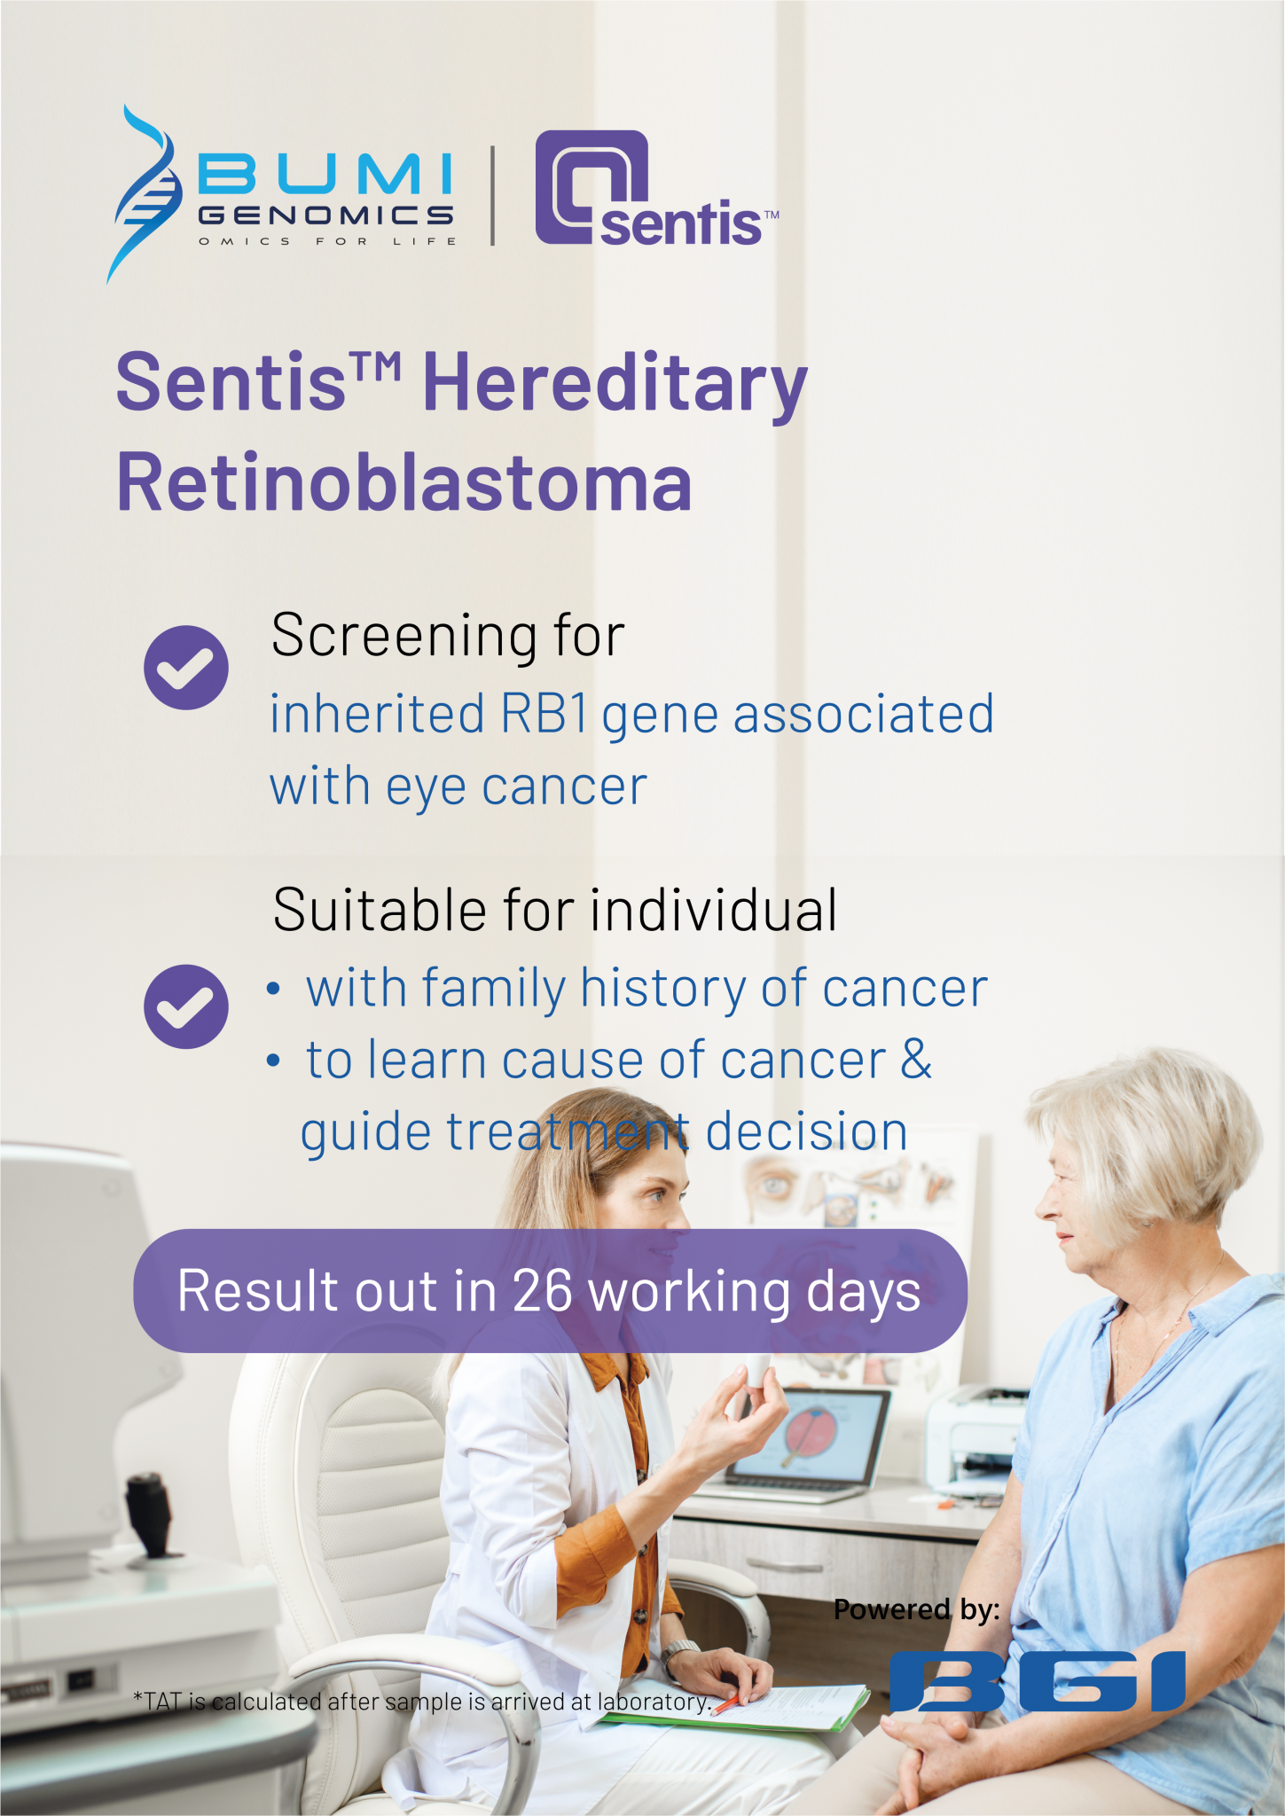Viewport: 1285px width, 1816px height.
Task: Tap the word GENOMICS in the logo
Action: pos(325,215)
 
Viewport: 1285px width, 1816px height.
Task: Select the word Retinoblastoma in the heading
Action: pos(404,483)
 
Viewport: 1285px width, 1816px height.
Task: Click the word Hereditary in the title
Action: pos(615,383)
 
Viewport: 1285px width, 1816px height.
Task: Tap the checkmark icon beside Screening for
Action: pos(186,667)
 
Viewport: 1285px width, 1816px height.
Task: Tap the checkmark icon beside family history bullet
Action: pos(186,1006)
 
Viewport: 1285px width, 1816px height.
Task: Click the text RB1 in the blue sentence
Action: pos(544,714)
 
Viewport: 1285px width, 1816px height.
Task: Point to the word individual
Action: pos(714,911)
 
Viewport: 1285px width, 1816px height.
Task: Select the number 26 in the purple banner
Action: pos(543,1291)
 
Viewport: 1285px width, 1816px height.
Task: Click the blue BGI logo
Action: pos(1038,1681)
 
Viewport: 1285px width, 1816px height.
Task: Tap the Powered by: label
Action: pos(916,1609)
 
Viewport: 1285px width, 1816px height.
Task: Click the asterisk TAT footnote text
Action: pos(421,1702)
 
